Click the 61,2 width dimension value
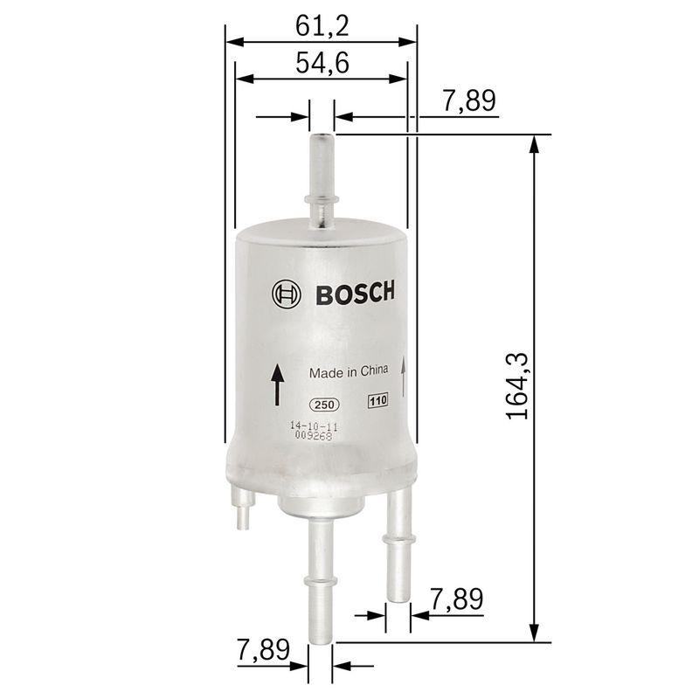322,26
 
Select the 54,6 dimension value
322,64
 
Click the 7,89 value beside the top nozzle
469,101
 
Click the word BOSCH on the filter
354,293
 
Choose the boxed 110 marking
377,402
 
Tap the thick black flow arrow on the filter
276,384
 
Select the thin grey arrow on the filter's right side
404,376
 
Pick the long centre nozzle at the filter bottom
319,577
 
